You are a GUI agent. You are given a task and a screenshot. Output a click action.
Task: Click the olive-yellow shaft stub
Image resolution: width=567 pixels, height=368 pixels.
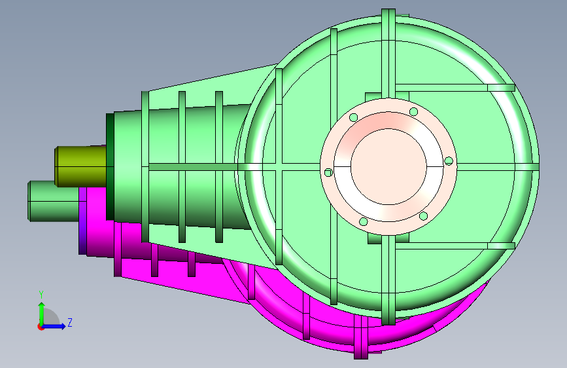[80, 166]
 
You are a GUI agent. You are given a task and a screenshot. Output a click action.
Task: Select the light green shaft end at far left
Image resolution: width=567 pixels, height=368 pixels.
[53, 201]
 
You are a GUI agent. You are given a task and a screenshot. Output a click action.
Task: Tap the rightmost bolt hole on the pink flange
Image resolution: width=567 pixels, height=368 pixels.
[449, 161]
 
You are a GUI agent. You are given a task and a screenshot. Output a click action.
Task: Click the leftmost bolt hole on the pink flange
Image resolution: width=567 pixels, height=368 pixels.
[328, 173]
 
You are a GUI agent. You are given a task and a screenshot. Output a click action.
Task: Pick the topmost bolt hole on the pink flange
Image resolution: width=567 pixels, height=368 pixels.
[414, 111]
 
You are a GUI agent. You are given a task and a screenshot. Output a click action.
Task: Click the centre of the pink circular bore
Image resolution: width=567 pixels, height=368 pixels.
[388, 167]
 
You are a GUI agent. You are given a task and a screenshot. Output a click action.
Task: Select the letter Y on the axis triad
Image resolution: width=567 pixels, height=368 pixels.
[41, 295]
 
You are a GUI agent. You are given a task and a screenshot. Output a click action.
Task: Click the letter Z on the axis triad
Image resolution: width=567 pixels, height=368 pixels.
[70, 322]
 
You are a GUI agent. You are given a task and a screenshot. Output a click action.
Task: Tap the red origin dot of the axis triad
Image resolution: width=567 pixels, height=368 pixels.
[40, 327]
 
